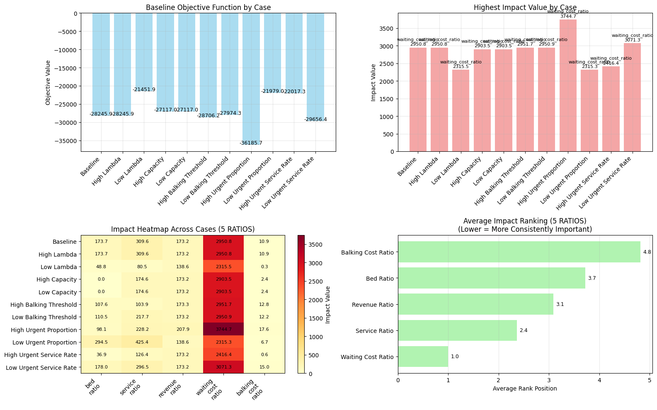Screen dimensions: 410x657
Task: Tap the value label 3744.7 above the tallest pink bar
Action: pyautogui.click(x=568, y=17)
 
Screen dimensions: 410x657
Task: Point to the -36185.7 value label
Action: pyautogui.click(x=251, y=143)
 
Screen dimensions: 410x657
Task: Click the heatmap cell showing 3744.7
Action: pyautogui.click(x=223, y=330)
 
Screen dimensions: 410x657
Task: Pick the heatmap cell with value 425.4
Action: pyautogui.click(x=142, y=342)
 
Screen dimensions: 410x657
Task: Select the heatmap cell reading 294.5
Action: pyautogui.click(x=101, y=342)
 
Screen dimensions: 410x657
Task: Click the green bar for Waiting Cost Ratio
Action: pyautogui.click(x=423, y=357)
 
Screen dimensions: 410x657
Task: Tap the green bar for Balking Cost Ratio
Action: pyautogui.click(x=519, y=252)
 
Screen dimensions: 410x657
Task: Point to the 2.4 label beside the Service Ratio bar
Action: pyautogui.click(x=524, y=331)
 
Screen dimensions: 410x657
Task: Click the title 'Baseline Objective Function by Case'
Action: pyautogui.click(x=208, y=7)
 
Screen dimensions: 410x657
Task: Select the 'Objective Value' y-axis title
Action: pyautogui.click(x=48, y=82)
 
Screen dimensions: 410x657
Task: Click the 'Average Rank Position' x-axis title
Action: pyautogui.click(x=525, y=389)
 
